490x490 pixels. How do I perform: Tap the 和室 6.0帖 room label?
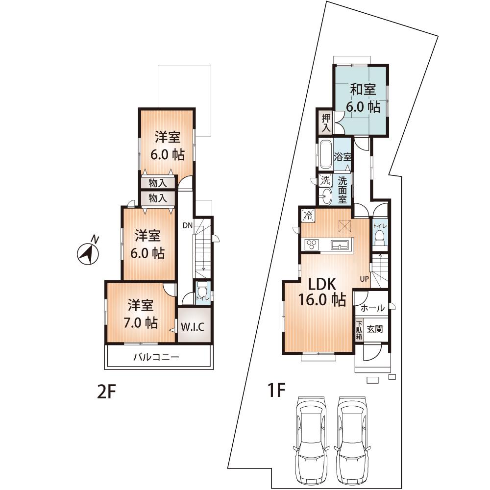(363, 98)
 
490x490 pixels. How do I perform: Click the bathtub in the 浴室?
(325, 154)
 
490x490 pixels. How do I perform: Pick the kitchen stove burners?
(312, 244)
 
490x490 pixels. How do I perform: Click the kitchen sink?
(339, 245)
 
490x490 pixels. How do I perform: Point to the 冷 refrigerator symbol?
(308, 214)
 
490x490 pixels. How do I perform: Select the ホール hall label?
(372, 309)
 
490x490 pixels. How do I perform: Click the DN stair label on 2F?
(187, 225)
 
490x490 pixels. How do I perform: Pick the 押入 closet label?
(325, 122)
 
